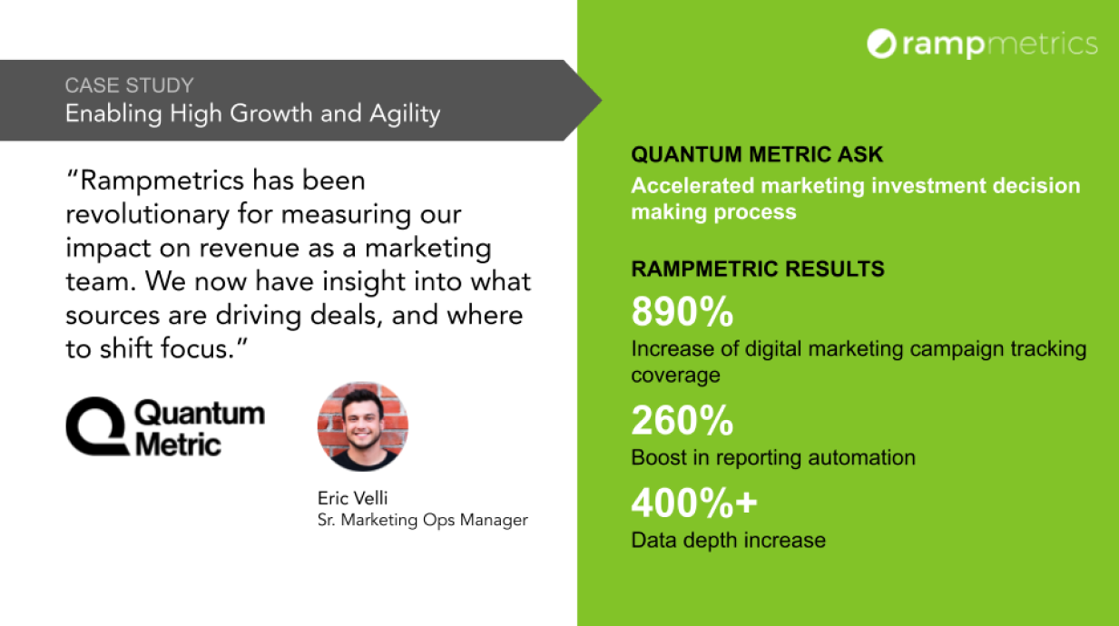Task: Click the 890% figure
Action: coord(682,311)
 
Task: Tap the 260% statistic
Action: coord(682,420)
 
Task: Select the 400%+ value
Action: coord(694,503)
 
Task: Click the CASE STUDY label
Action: coord(130,85)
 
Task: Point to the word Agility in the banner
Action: coord(405,114)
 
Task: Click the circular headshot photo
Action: coord(363,426)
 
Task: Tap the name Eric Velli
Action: coord(352,498)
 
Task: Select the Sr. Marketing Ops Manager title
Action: coord(423,520)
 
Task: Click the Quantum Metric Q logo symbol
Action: coord(96,426)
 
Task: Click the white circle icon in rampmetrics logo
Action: coord(882,44)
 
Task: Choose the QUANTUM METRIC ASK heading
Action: coord(757,154)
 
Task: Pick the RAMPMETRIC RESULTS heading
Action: coord(758,269)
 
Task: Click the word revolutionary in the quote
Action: coord(148,215)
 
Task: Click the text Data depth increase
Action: coord(729,541)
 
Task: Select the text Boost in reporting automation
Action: coord(773,458)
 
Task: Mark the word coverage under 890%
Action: coord(675,376)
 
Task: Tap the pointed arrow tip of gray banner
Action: coord(601,101)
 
